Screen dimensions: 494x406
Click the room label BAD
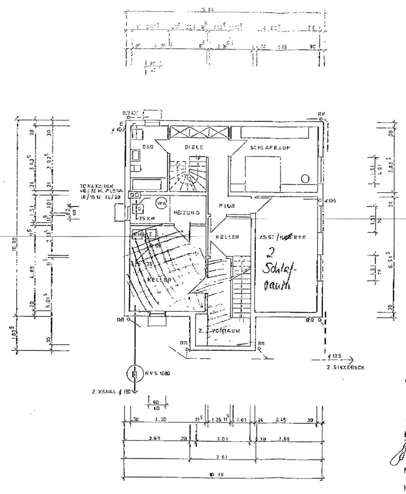(x=146, y=147)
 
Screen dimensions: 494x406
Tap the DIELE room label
(x=194, y=147)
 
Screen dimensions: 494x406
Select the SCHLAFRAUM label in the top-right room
(x=269, y=147)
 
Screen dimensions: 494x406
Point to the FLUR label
(x=227, y=206)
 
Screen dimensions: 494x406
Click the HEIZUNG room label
(x=185, y=212)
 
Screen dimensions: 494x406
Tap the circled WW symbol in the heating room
(x=161, y=203)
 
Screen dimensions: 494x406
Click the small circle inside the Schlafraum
(x=305, y=178)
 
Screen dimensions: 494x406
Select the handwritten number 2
(x=270, y=253)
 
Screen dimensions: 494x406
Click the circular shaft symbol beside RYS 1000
(x=134, y=374)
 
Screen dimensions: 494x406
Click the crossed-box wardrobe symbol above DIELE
(x=199, y=132)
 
